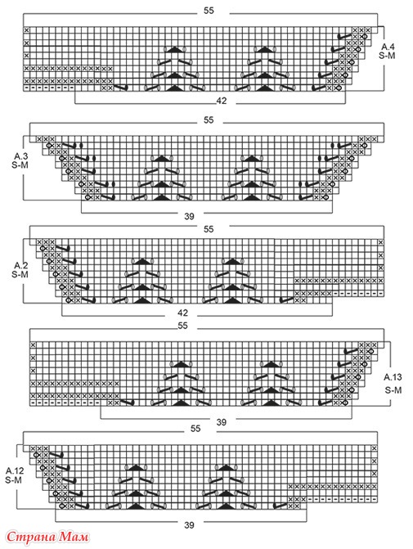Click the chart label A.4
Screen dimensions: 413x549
388,47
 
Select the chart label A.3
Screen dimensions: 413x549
20,155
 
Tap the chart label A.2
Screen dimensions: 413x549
20,265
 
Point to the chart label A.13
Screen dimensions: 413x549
393,377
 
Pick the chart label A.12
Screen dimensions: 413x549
15,471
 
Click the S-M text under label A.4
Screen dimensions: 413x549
387,56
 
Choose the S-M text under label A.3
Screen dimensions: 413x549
20,164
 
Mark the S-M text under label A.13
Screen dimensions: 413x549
393,390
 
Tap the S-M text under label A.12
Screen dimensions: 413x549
14,479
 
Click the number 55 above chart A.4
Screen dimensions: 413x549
209,11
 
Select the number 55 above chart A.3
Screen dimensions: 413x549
209,120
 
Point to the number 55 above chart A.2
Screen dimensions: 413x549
209,229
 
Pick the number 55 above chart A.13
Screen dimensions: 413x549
182,326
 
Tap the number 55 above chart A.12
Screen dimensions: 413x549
195,429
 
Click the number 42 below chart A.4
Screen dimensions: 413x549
222,101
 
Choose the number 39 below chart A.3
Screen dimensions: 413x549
190,216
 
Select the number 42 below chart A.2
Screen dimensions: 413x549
182,313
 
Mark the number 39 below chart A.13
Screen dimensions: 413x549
222,422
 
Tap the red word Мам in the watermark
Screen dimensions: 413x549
74,537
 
